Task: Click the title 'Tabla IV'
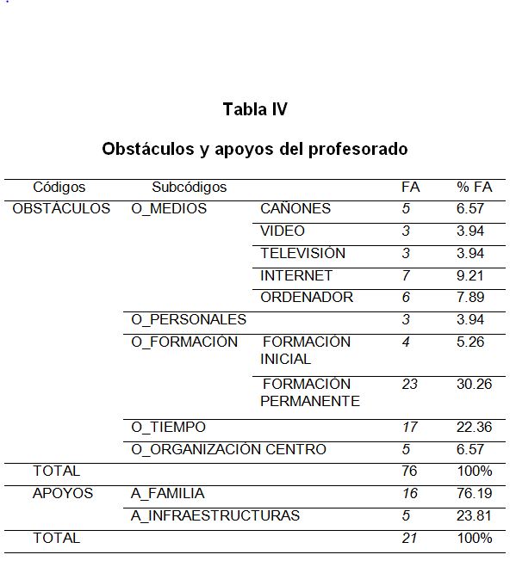click(254, 109)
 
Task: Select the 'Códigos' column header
click(59, 187)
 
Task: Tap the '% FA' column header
click(474, 187)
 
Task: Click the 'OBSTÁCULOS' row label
click(61, 208)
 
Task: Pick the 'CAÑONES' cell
click(295, 208)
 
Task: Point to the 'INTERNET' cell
click(296, 275)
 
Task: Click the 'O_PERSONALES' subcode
click(188, 320)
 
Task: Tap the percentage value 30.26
click(474, 384)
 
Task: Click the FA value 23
click(409, 384)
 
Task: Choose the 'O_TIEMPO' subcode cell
click(168, 427)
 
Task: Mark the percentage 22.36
click(474, 427)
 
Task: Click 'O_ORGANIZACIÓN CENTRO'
click(228, 449)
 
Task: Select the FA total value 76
click(409, 471)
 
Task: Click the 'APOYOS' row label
click(63, 494)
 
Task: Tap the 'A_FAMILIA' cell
click(167, 494)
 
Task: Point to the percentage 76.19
click(474, 494)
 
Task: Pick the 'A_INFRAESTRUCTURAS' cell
click(215, 516)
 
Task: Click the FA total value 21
click(409, 539)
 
